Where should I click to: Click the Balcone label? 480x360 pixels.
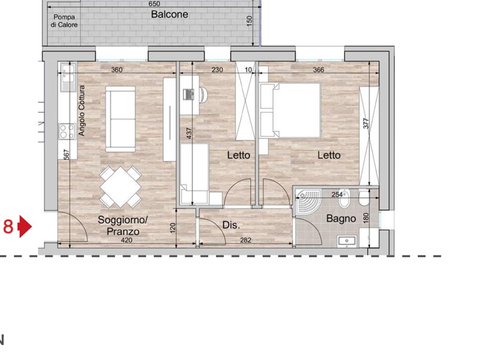click(169, 14)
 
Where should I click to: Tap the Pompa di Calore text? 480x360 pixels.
click(64, 22)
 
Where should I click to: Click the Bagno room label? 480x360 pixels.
click(341, 219)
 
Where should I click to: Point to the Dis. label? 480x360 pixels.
click(231, 226)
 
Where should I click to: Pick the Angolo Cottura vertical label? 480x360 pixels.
click(82, 111)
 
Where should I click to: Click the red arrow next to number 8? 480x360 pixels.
click(25, 227)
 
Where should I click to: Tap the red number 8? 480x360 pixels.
click(8, 227)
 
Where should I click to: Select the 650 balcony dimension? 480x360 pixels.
click(154, 4)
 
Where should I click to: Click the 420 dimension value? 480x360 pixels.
click(126, 241)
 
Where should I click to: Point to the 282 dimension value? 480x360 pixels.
click(246, 241)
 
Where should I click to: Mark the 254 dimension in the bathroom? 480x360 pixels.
click(337, 194)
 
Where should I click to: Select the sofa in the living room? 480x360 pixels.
click(121, 119)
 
